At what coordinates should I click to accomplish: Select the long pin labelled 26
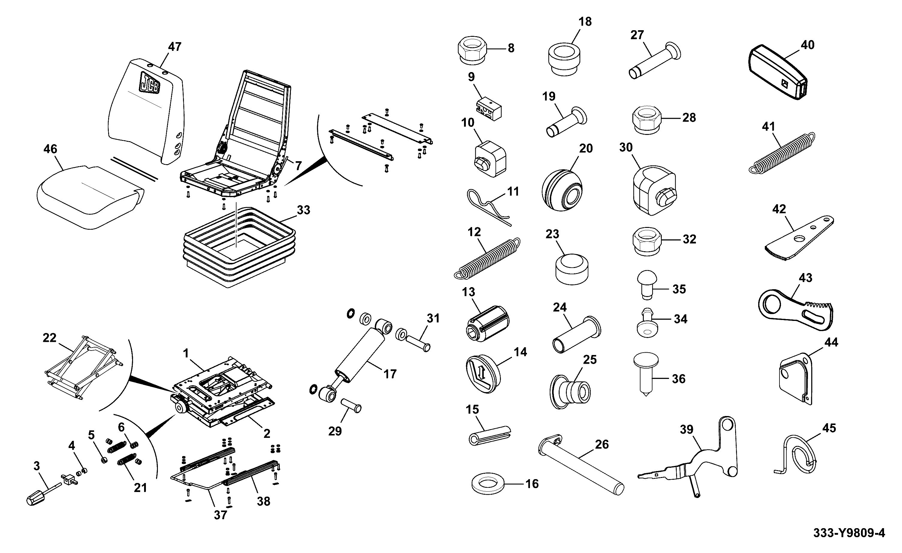(x=581, y=464)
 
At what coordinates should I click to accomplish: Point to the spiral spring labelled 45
(x=801, y=455)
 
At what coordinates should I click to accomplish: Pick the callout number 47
(x=175, y=47)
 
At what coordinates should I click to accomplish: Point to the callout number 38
(x=263, y=501)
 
